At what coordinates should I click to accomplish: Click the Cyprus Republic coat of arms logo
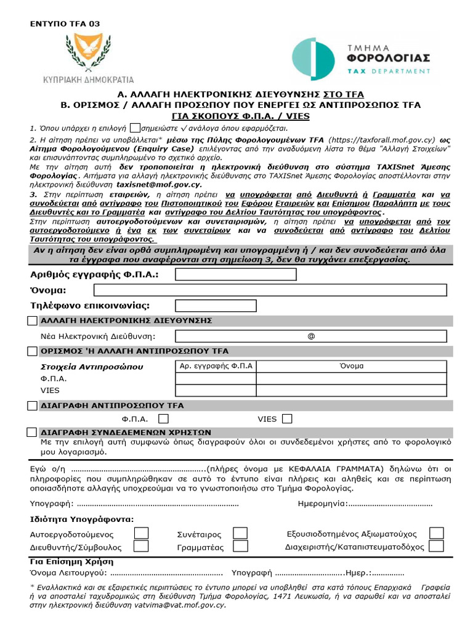tap(88, 52)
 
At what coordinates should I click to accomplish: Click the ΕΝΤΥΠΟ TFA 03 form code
tap(65, 23)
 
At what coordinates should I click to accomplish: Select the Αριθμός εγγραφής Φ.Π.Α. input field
tap(235, 274)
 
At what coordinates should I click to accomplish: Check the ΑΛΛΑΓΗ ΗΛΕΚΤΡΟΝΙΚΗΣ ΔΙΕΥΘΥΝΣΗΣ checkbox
tap(32, 321)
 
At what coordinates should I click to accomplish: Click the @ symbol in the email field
tap(310, 336)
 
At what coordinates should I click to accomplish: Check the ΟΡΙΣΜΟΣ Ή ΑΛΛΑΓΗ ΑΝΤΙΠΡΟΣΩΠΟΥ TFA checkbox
tap(32, 351)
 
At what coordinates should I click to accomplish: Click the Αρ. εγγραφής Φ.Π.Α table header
tap(216, 366)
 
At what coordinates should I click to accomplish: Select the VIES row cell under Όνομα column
tap(351, 391)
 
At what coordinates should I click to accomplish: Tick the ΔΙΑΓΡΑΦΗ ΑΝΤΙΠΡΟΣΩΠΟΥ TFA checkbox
tap(32, 405)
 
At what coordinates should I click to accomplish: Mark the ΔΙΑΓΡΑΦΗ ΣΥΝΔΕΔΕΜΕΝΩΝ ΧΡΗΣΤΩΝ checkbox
tap(32, 433)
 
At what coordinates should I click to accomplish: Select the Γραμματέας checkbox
tap(240, 547)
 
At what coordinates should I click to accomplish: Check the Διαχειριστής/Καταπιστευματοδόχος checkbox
tap(436, 547)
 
